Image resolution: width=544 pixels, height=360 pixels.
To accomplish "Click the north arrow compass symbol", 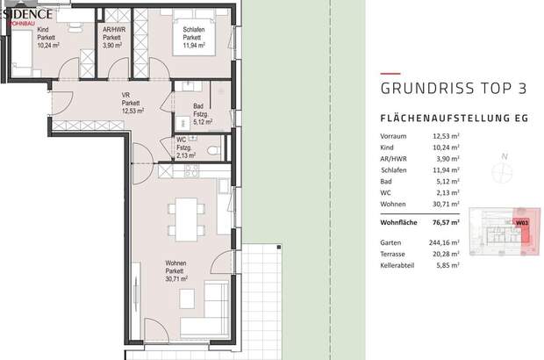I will click(x=502, y=169).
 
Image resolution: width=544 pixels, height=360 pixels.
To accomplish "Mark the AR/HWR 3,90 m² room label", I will click(x=112, y=40).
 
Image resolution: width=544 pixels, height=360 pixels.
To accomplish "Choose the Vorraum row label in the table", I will click(x=395, y=137).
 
